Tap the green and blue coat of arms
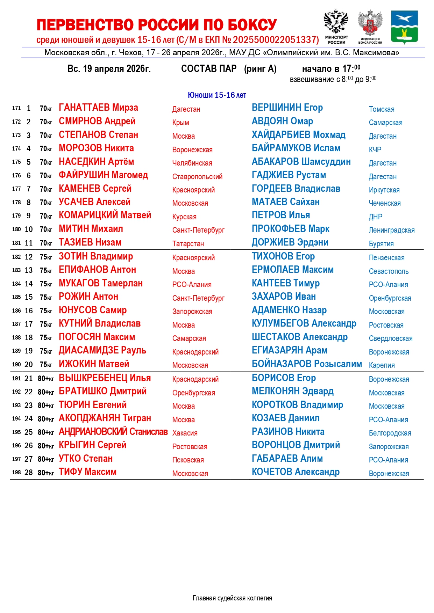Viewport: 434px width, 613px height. coord(404,27)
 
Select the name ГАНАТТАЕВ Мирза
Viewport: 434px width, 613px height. coord(98,108)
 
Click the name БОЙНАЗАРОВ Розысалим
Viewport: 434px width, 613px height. coord(307,364)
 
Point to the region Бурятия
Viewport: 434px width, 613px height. coord(381,244)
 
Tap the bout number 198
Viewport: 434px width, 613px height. coord(16,472)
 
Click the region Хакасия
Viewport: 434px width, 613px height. coord(185,433)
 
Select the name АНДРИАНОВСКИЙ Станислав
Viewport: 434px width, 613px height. coord(113,432)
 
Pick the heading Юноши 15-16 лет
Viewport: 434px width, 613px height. coord(217,95)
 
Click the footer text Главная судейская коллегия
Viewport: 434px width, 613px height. coord(232,598)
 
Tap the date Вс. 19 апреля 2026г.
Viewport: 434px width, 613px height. coord(109,69)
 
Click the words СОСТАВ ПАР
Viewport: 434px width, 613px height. coord(209,69)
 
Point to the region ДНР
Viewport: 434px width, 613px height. coord(376,217)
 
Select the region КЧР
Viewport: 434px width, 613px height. coord(375,149)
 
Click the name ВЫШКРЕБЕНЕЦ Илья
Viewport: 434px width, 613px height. coord(105,378)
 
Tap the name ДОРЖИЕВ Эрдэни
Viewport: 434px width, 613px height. coord(290,242)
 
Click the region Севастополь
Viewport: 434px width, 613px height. coord(389,271)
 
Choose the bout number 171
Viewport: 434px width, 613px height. coord(16,108)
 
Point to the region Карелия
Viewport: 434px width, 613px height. coord(382,365)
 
